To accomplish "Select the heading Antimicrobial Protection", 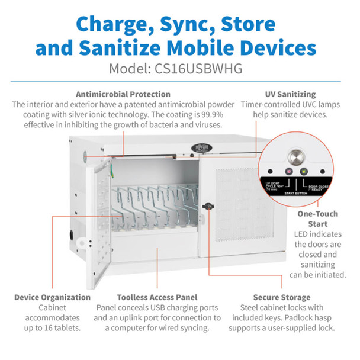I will [x=123, y=94].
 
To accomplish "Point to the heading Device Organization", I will [x=52, y=297].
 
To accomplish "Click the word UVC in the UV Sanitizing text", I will [x=323, y=104].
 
